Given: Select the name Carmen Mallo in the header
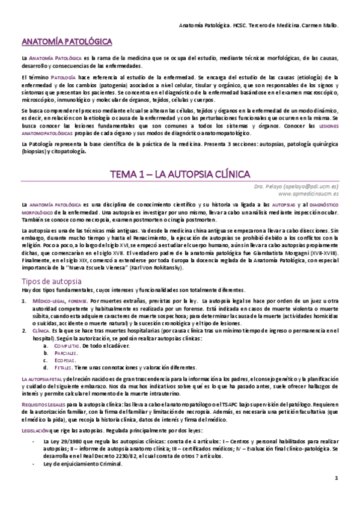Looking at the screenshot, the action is [316, 26].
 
